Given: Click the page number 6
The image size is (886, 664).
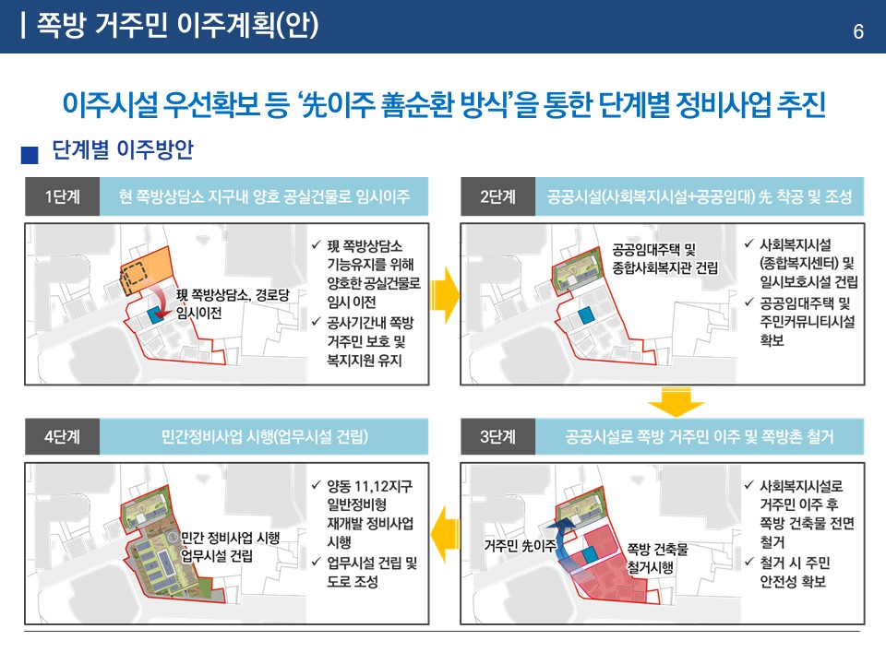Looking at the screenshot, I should pyautogui.click(x=857, y=32).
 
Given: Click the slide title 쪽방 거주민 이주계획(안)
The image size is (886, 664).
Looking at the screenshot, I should pyautogui.click(x=176, y=26).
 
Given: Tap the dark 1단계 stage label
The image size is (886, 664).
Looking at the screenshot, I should pyautogui.click(x=61, y=197).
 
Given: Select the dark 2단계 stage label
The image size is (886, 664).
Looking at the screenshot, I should pyautogui.click(x=497, y=197).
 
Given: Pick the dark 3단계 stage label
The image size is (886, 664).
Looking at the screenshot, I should pyautogui.click(x=497, y=436).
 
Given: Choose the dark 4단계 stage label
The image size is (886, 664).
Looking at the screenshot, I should pyautogui.click(x=61, y=436).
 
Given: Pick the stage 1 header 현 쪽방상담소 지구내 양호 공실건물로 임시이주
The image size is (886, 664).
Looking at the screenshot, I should pyautogui.click(x=265, y=197).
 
